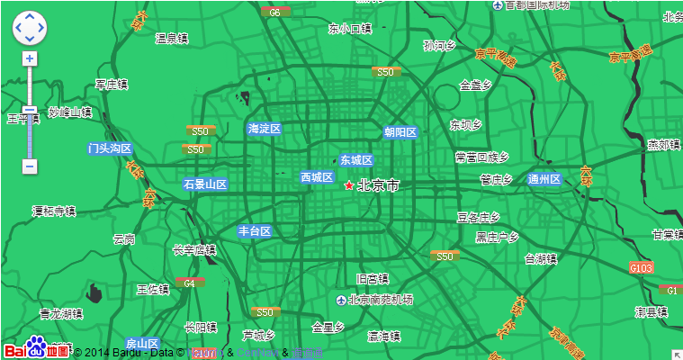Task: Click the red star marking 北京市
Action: tap(349, 185)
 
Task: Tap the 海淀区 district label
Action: tap(265, 129)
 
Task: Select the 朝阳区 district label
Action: tap(400, 132)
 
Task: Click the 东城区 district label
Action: tap(355, 160)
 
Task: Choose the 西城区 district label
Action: tap(317, 177)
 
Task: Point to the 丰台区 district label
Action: tap(255, 231)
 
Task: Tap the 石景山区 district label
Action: tap(205, 184)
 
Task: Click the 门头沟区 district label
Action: tap(110, 148)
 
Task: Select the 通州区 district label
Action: tap(544, 179)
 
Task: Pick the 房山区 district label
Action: tap(142, 344)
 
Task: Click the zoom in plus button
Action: tap(30, 58)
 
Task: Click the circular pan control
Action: tap(29, 28)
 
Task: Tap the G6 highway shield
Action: tap(274, 13)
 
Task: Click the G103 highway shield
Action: tap(642, 267)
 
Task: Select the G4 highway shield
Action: tap(189, 283)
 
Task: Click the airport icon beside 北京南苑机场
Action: tap(341, 300)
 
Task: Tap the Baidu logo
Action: tap(36, 348)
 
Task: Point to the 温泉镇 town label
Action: tap(172, 39)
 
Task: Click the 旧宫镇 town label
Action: tap(372, 278)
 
